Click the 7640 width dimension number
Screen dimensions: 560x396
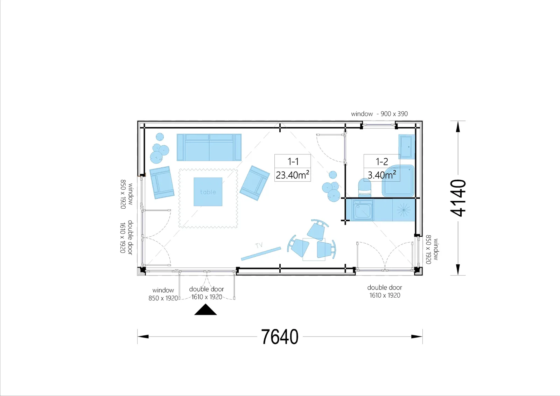click(x=280, y=337)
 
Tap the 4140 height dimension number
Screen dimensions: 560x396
click(x=458, y=198)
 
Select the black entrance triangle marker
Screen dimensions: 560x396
click(x=205, y=310)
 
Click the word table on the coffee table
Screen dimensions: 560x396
click(x=208, y=192)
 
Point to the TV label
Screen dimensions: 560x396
click(x=259, y=245)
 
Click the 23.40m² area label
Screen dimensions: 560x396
click(x=293, y=175)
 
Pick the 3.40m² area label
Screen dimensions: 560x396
click(x=382, y=175)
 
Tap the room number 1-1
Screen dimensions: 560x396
click(x=293, y=162)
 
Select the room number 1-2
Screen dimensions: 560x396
click(x=382, y=162)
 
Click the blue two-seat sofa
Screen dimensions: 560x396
click(x=209, y=147)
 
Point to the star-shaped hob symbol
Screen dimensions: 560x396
click(x=404, y=210)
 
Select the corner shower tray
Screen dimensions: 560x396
click(x=398, y=181)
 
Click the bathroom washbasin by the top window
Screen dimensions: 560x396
click(x=407, y=147)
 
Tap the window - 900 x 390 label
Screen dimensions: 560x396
click(x=379, y=114)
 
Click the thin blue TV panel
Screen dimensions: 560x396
click(x=261, y=253)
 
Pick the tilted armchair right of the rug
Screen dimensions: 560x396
click(x=254, y=183)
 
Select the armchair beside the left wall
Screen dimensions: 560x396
click(x=162, y=183)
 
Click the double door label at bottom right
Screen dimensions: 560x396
click(x=385, y=291)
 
